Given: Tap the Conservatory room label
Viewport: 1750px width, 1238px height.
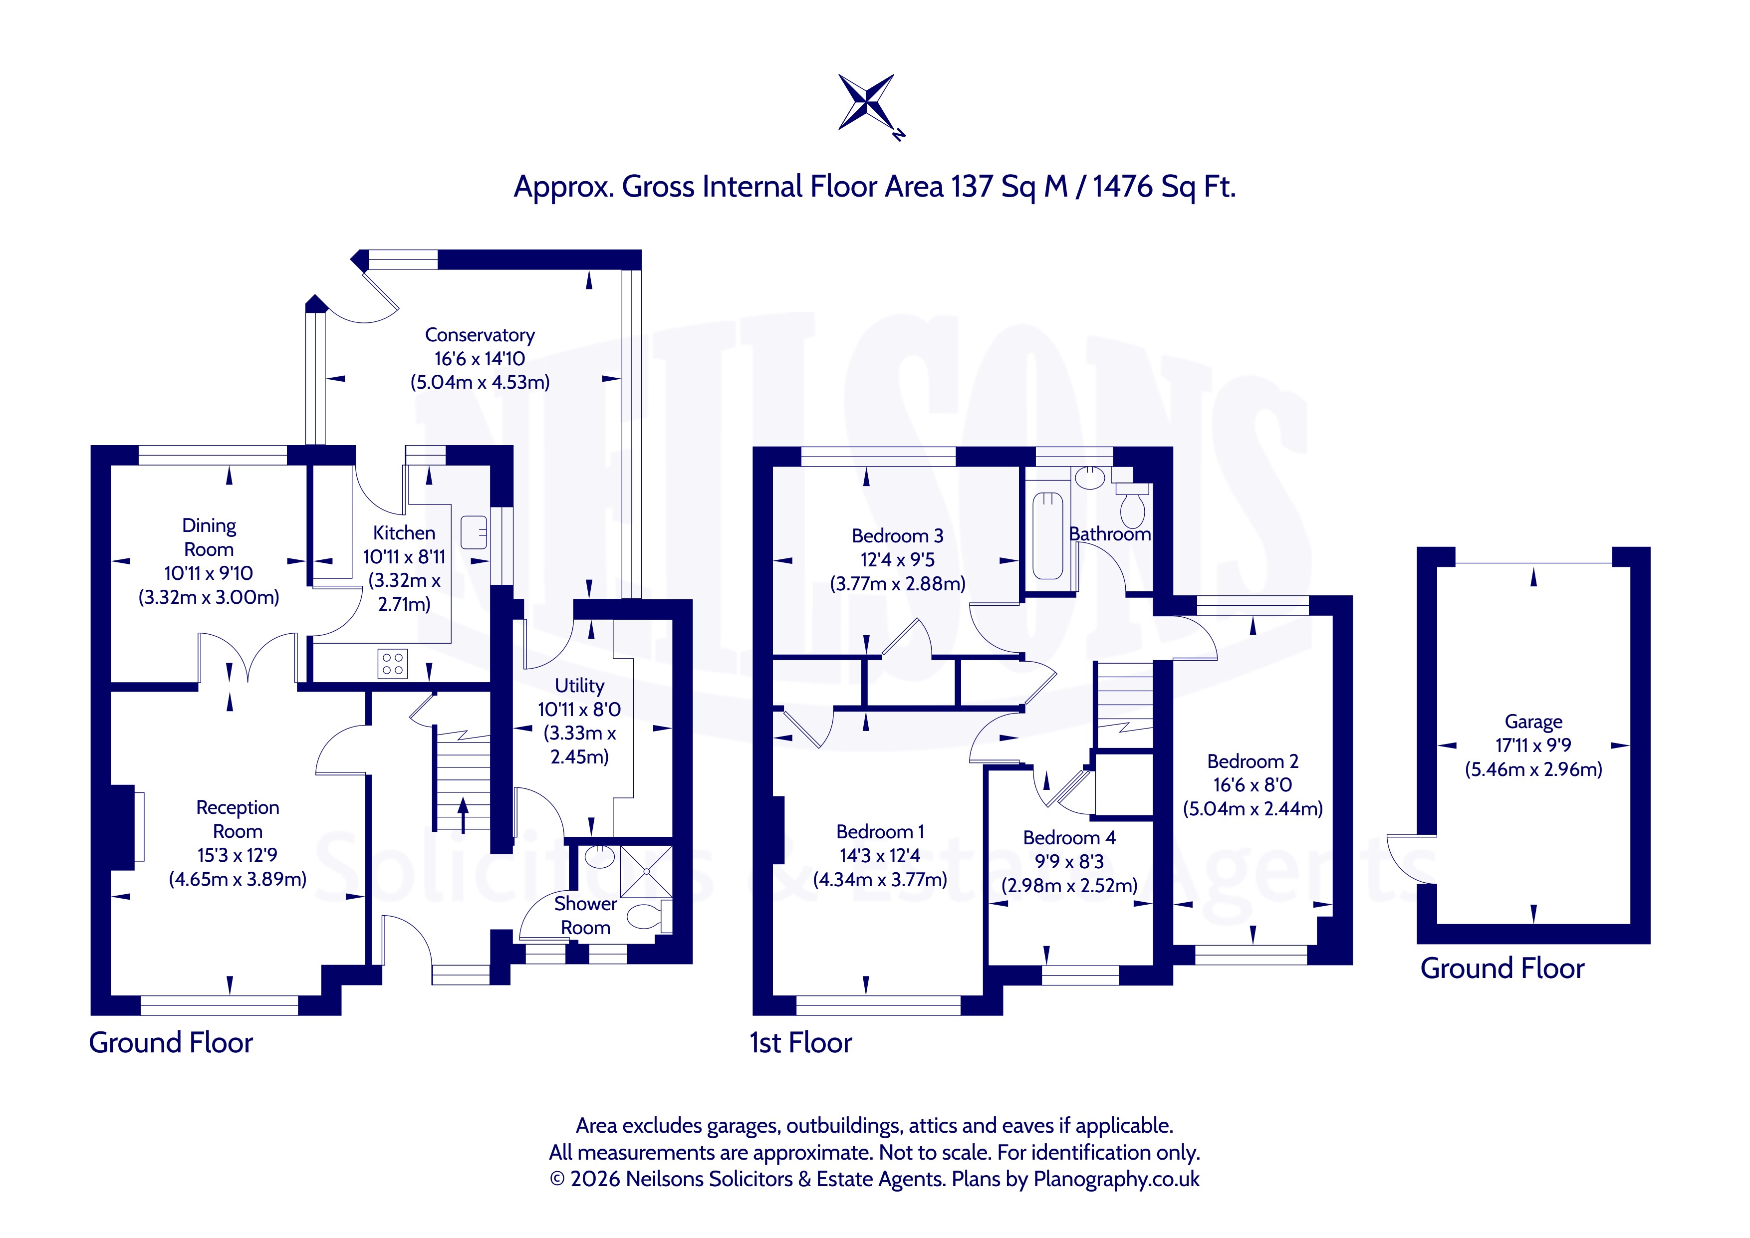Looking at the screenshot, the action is point(480,335).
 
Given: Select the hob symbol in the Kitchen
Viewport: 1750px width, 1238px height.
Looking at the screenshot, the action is point(393,663).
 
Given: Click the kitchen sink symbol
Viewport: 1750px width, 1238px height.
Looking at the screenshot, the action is point(474,532).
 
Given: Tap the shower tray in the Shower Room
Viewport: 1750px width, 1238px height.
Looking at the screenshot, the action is point(646,871).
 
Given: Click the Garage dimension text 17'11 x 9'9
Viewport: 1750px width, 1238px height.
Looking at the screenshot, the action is point(1533,745).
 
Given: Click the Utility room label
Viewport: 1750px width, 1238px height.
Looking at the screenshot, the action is point(579,685).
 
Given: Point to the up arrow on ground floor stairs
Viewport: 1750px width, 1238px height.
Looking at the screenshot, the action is point(463,815).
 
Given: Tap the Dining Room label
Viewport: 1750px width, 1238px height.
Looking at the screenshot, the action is point(209,537).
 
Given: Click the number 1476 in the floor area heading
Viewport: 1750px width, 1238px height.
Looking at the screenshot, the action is point(1123,186).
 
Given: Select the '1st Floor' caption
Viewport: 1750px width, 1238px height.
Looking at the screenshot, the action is point(800,1042).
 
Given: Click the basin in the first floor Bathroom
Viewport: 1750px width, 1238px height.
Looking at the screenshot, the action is point(1090,478).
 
